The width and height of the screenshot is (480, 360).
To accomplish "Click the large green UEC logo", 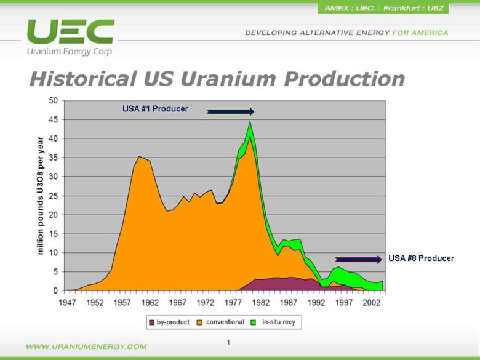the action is (71, 31).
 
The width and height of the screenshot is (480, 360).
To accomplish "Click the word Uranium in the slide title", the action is (228, 79).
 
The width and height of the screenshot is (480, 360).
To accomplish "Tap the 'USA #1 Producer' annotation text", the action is (155, 109).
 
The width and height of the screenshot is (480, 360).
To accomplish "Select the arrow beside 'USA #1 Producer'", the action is (230, 112).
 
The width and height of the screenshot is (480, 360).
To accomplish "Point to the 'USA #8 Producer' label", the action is (421, 258).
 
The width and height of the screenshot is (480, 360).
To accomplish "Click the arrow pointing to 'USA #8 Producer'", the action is (358, 260).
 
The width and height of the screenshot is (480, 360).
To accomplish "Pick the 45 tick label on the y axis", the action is (54, 120).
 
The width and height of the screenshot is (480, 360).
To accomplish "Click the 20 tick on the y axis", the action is (54, 215).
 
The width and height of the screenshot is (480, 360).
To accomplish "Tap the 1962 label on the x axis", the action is (150, 303).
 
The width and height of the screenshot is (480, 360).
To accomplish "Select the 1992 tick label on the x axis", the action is (316, 303).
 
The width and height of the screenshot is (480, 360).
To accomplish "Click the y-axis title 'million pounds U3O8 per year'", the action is (41, 196).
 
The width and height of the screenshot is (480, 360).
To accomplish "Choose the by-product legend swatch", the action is (151, 322).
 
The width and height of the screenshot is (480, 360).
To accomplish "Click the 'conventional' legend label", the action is (225, 322).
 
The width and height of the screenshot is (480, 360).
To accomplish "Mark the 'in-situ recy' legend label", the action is (279, 322).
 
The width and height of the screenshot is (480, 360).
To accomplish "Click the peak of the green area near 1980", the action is (250, 122).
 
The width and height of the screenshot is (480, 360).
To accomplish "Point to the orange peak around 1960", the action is (139, 157).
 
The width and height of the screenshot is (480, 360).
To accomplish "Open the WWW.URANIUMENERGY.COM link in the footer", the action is (86, 346).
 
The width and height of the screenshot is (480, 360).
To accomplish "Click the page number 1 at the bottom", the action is (228, 342).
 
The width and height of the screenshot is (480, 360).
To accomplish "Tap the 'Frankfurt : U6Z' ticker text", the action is (414, 8).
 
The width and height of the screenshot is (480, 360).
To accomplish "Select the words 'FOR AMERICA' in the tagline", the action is (420, 33).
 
